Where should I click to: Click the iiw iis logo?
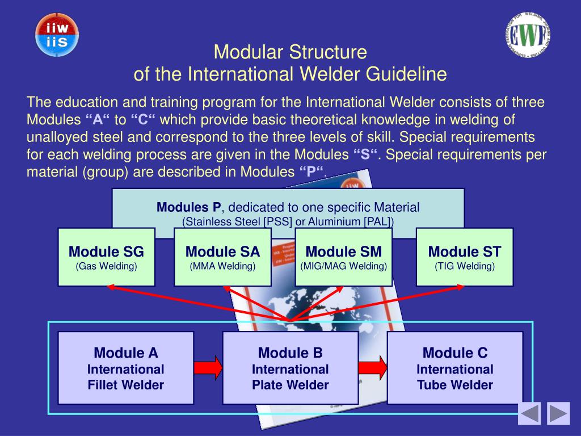click(57, 34)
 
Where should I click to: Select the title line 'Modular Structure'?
click(290, 53)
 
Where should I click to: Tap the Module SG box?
click(106, 257)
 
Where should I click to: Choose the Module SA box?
click(222, 257)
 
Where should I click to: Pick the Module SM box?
click(343, 257)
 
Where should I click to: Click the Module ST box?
click(464, 257)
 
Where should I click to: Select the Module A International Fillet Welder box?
click(125, 368)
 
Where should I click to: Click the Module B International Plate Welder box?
click(290, 368)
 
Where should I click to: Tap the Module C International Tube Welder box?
click(454, 368)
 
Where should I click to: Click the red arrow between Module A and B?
click(208, 367)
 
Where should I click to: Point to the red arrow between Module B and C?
click(373, 367)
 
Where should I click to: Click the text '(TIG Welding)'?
click(464, 266)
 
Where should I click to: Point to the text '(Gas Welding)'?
click(106, 266)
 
